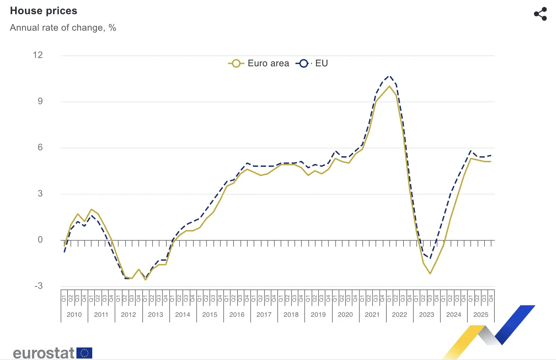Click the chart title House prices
(43, 11)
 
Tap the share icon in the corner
(540, 14)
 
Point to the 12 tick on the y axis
(38, 55)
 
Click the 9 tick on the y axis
(40, 101)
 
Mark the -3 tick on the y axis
(39, 286)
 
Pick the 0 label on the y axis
(40, 240)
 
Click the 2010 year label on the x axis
(74, 315)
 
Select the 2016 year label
(237, 315)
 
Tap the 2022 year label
(400, 315)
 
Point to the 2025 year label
(481, 315)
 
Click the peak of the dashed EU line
(389, 76)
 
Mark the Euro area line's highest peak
(389, 86)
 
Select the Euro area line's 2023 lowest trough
(430, 273)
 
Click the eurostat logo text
(43, 353)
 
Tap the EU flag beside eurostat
(84, 353)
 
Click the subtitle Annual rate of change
(63, 28)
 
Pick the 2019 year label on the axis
(318, 315)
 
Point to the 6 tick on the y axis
(40, 147)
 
